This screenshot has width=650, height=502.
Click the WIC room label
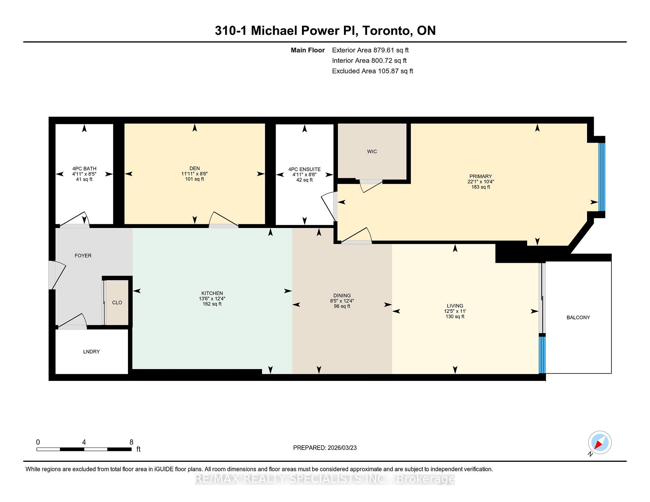[x=372, y=152]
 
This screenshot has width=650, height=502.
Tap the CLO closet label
[x=117, y=302]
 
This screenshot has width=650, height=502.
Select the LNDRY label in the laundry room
[x=91, y=352]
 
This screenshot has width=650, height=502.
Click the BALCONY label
[x=578, y=317]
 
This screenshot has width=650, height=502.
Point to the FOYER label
[x=83, y=256]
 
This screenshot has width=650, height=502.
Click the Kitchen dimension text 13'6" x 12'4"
[x=212, y=299]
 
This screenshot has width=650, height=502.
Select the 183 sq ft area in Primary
[x=481, y=187]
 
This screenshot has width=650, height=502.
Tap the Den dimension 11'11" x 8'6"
[x=194, y=174]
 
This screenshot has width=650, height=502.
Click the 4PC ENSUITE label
[x=304, y=169]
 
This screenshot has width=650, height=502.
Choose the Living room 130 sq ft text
[x=455, y=317]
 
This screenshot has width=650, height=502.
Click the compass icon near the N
[x=600, y=443]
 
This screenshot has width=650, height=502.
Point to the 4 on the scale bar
[x=84, y=442]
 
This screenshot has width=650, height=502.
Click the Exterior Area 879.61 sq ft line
[x=370, y=50]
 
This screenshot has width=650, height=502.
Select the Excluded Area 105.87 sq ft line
[x=372, y=71]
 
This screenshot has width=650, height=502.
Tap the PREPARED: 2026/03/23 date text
[x=325, y=448]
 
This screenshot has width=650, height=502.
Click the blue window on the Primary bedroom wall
[x=602, y=177]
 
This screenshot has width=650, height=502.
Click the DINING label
[x=342, y=296]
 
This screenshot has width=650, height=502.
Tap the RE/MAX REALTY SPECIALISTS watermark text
[x=325, y=479]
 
